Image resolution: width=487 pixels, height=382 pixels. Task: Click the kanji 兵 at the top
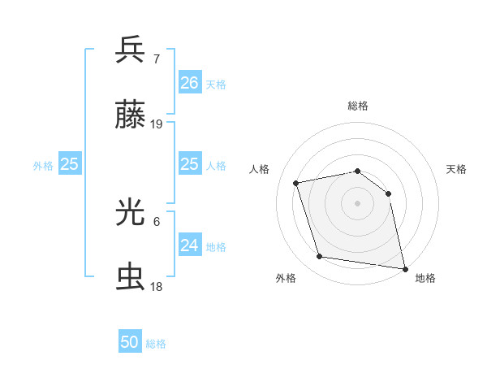tap(131, 50)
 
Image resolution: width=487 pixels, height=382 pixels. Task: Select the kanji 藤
tap(131, 115)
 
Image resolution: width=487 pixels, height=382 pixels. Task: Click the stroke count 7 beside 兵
tap(157, 59)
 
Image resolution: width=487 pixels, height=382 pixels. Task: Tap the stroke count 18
tap(157, 287)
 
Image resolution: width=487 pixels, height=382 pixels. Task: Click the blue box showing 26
tap(189, 83)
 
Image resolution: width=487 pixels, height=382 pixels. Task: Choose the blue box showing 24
tap(189, 245)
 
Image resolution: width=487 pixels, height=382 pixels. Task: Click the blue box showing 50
tap(130, 342)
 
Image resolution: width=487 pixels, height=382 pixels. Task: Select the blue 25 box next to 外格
tap(70, 164)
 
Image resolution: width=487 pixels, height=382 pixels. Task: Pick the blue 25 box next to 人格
tap(189, 164)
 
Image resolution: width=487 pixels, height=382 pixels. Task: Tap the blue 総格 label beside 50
tap(156, 344)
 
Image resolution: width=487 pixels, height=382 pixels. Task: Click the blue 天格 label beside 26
tap(216, 85)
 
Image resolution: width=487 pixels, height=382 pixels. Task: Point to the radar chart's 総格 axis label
tap(358, 106)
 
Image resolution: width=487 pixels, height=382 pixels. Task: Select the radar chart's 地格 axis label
tap(425, 279)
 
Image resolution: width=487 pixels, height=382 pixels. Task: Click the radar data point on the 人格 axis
tap(296, 183)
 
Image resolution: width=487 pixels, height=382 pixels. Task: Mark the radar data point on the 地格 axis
tap(404, 267)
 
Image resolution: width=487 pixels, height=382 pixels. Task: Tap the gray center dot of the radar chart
tap(358, 203)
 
